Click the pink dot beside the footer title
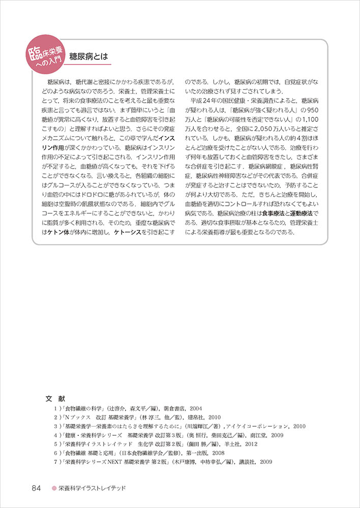[x=53, y=489]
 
